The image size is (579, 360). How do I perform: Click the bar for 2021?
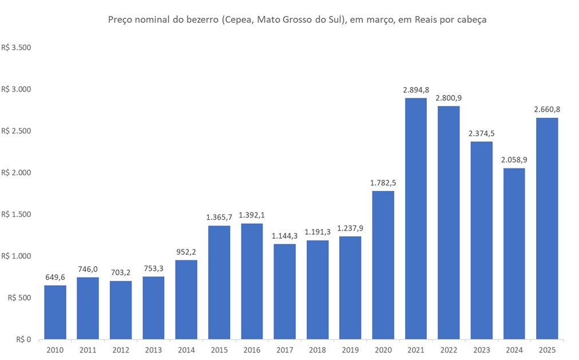[x=416, y=219]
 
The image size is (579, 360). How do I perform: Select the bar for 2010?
[x=55, y=312]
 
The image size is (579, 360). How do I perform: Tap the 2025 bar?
[x=547, y=228]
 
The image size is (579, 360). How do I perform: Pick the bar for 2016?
[x=252, y=281]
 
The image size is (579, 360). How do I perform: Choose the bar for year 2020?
[x=383, y=265]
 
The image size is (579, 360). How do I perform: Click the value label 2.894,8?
[x=416, y=90]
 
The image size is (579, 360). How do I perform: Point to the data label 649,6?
[x=55, y=277]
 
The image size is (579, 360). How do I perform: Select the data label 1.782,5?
[x=383, y=183]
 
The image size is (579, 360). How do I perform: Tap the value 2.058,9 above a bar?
[x=514, y=160]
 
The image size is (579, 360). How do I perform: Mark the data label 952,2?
[x=187, y=252]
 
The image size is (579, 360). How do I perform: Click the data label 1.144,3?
[x=284, y=236]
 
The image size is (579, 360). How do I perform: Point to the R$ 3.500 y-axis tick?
[x=16, y=48]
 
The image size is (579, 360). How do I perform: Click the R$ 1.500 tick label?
[x=16, y=215]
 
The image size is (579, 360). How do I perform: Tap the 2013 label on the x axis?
[x=153, y=349]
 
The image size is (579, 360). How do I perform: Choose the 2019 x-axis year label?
[x=350, y=349]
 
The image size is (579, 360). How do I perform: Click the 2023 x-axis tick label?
[x=481, y=349]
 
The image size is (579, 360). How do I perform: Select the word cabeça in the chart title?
[x=470, y=20]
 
